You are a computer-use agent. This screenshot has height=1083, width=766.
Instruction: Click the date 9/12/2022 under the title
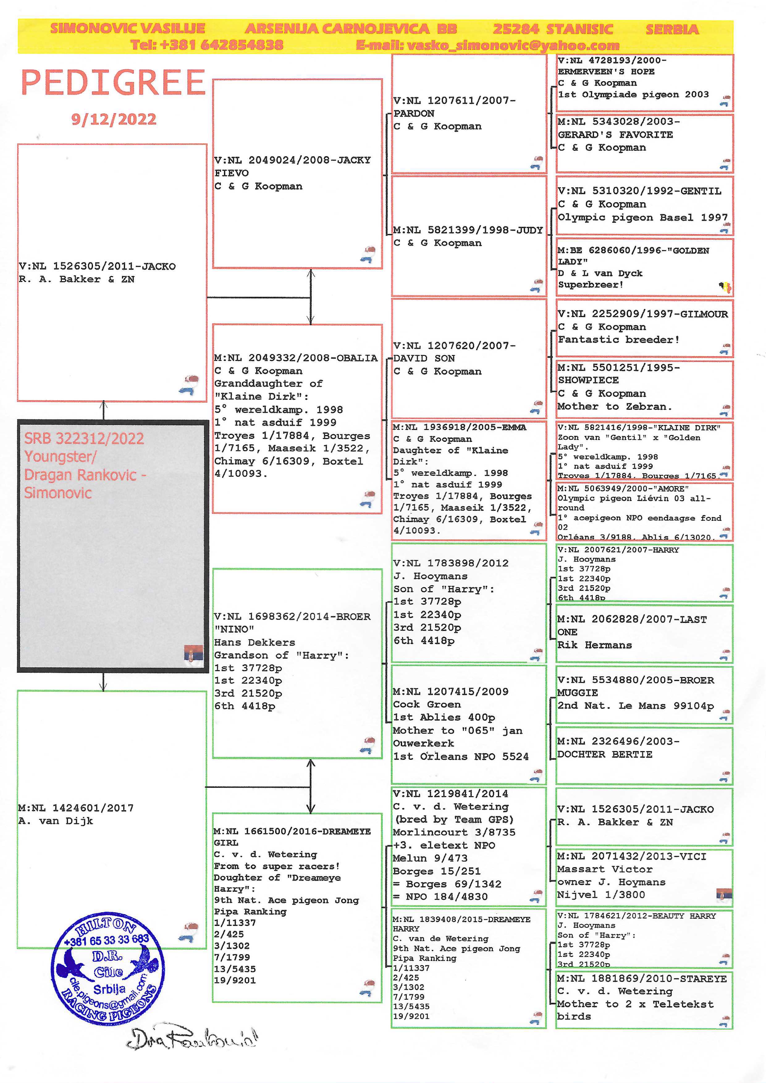113,119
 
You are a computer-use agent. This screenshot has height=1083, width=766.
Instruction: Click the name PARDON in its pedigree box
414,113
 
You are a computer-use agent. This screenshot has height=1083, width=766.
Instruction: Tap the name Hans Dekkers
255,642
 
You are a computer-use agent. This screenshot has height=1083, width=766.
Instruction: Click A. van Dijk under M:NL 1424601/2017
56,821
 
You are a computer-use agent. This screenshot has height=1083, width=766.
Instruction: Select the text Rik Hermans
594,645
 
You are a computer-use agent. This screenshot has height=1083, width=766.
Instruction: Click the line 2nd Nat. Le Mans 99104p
635,706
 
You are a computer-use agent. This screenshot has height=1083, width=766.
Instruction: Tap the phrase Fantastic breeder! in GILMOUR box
618,340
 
